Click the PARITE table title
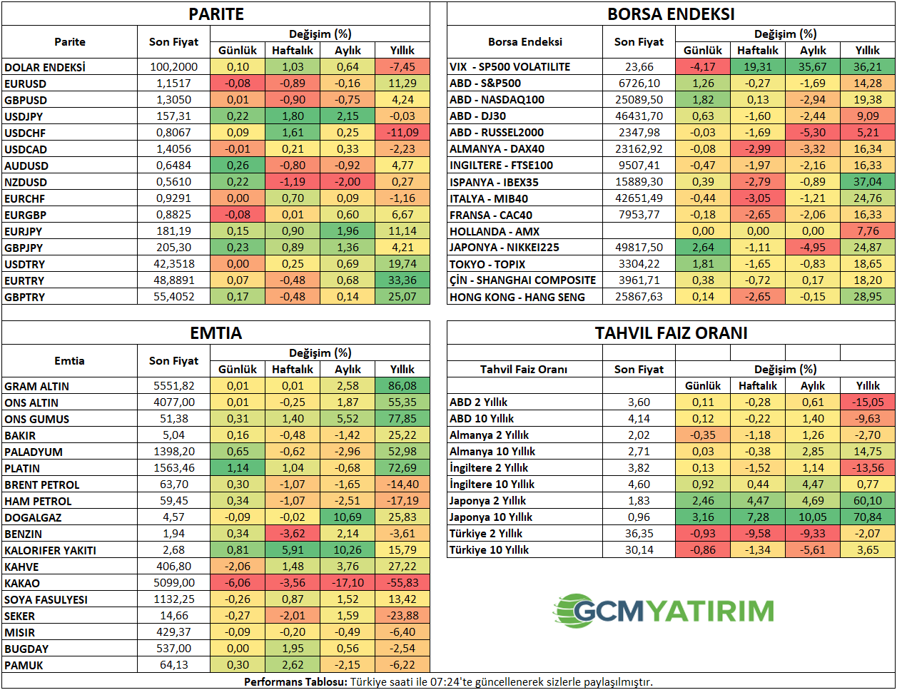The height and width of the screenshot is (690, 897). click(x=216, y=14)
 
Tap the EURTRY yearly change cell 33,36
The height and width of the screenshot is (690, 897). click(x=402, y=280)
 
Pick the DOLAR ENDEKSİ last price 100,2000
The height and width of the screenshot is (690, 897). click(x=174, y=67)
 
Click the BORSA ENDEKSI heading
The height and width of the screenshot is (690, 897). click(x=671, y=14)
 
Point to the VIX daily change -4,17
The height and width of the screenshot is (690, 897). click(x=703, y=67)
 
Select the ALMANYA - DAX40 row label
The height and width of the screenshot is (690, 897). click(x=497, y=149)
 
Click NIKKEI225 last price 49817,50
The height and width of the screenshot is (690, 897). click(x=639, y=248)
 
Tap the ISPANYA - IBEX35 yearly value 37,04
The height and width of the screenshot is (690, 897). click(x=868, y=182)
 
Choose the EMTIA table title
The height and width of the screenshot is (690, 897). click(x=216, y=333)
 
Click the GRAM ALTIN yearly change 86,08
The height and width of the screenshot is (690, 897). click(x=402, y=386)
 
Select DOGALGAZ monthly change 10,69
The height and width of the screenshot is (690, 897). click(x=348, y=517)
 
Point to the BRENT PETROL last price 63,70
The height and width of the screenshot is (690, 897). click(x=174, y=484)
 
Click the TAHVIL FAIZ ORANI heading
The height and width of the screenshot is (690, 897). click(x=671, y=333)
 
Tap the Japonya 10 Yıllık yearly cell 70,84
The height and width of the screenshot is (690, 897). click(x=868, y=517)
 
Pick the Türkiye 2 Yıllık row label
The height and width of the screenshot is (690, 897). click(x=486, y=534)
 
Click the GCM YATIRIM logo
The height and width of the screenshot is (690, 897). click(x=664, y=611)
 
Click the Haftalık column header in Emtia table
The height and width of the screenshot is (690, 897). click(x=293, y=370)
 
